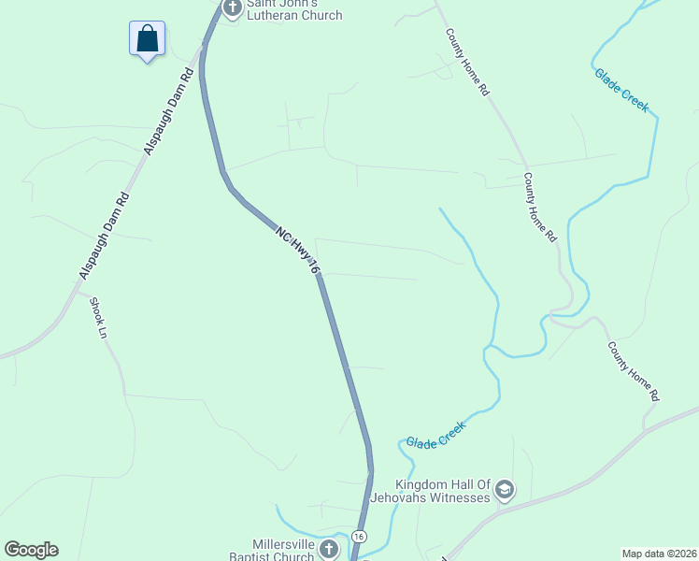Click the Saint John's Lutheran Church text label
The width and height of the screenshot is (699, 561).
pos(293,10)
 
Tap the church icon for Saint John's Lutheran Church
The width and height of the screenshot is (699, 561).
pos(232,8)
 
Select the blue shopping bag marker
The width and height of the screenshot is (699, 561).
pos(147,39)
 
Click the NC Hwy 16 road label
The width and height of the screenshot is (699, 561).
pos(298,249)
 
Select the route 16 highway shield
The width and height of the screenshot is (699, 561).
pos(359,537)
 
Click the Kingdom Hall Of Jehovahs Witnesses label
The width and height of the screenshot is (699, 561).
pos(442,491)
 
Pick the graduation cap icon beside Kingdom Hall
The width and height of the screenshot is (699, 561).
pos(505,490)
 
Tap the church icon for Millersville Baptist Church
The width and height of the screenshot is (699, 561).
pos(328,549)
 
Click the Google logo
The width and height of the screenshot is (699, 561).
pos(31,550)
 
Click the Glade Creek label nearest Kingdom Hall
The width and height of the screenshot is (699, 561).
pos(435,435)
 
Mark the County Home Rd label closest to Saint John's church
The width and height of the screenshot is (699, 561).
pos(467,63)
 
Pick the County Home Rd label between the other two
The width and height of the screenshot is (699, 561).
pos(539,208)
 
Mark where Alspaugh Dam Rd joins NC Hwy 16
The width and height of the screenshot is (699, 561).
pos(201,47)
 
